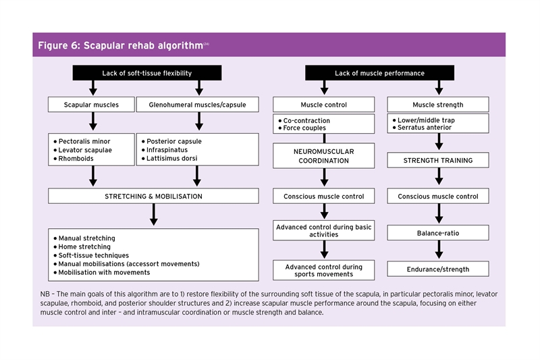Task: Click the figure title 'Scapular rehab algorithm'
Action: (x=120, y=45)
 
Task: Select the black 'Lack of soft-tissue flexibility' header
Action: (x=146, y=73)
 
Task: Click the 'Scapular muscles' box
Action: (x=91, y=105)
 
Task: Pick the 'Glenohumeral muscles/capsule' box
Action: (x=197, y=105)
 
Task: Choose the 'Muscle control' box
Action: (x=323, y=105)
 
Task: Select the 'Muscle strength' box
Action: (x=438, y=105)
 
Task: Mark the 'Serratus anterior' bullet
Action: (x=425, y=128)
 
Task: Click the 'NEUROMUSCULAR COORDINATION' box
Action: (x=323, y=157)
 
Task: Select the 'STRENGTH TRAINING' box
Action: (x=438, y=161)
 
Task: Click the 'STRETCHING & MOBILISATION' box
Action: (x=153, y=197)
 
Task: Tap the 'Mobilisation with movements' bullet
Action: (x=104, y=272)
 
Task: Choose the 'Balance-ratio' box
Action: (x=438, y=233)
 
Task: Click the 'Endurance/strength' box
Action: (x=438, y=269)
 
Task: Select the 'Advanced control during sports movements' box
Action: (x=323, y=271)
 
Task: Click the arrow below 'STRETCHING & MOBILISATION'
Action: (x=153, y=215)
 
